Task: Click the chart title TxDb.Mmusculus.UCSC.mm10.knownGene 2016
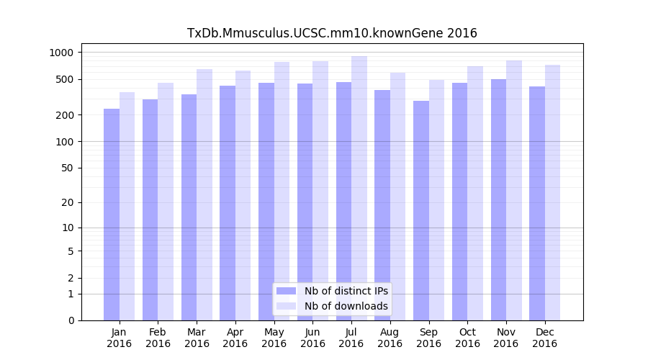(332, 33)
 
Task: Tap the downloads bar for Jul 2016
(359, 188)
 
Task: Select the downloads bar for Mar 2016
(204, 194)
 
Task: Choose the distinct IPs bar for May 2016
(266, 202)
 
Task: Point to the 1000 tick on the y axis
(61, 53)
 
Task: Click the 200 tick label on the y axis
(64, 115)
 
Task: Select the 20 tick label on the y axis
(67, 202)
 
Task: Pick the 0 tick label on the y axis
(70, 320)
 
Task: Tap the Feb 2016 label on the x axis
(158, 338)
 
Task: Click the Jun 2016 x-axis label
(312, 338)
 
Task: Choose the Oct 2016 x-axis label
(467, 338)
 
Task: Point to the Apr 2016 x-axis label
(235, 338)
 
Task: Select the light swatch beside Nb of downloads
(286, 306)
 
